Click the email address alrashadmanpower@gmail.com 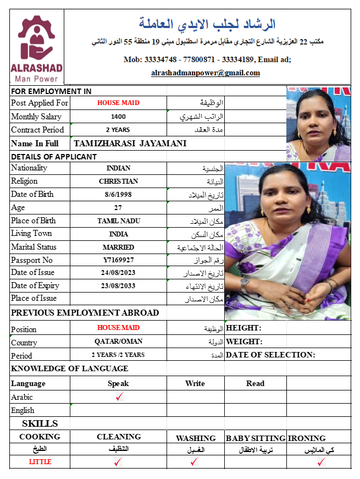pos(206,73)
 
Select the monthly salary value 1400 pos(118,117)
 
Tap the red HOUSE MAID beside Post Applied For pos(118,103)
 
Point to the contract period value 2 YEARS pos(118,130)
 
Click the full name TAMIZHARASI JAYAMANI pos(130,144)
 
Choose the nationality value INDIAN pos(118,168)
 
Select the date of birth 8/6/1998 pos(118,195)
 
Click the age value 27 pos(118,208)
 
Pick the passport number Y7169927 pos(118,260)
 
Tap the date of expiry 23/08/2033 pos(118,286)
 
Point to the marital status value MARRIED pos(118,247)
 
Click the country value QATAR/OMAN pos(118,342)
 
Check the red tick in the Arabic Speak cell pos(119,397)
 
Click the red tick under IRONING pos(322,463)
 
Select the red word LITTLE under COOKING pos(40,463)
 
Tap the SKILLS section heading pos(40,424)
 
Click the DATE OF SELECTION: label pos(270,355)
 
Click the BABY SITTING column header pos(256,438)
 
